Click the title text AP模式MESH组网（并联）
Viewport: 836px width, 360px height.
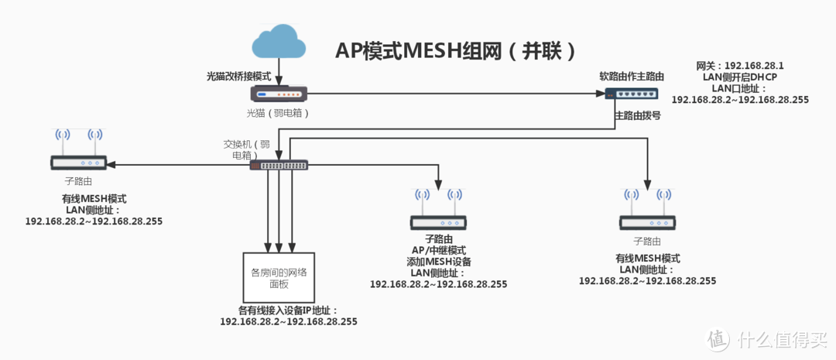tap(456, 50)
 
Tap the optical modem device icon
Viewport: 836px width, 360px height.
tap(279, 94)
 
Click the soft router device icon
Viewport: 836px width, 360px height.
tap(632, 94)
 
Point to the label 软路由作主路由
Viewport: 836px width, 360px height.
tap(631, 77)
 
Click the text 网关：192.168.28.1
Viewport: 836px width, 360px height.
tap(740, 67)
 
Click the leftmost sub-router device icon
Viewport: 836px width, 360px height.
tap(78, 163)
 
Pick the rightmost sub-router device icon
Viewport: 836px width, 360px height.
tap(649, 222)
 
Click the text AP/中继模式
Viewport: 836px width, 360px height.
tap(438, 251)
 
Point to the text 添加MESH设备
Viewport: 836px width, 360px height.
tap(438, 262)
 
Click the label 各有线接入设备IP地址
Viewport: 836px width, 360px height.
tap(288, 310)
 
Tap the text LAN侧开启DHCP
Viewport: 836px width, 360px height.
tap(740, 77)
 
